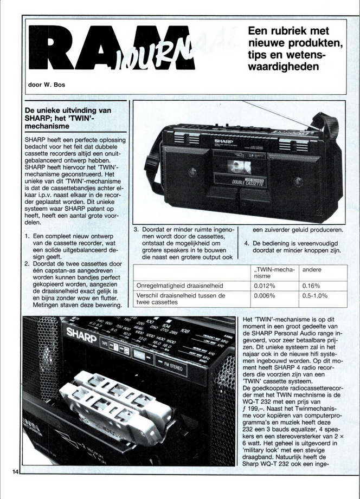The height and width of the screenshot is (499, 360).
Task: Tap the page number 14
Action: click(15, 472)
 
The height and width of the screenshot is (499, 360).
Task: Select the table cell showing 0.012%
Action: click(265, 286)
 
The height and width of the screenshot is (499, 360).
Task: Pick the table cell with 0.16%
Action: click(311, 286)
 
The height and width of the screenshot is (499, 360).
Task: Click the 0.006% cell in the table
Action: click(265, 296)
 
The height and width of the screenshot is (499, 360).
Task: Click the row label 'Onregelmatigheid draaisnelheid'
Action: click(178, 286)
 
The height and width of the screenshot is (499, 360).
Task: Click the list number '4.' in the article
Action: click(247, 243)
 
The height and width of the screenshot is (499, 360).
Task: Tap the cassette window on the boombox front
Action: click(238, 166)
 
